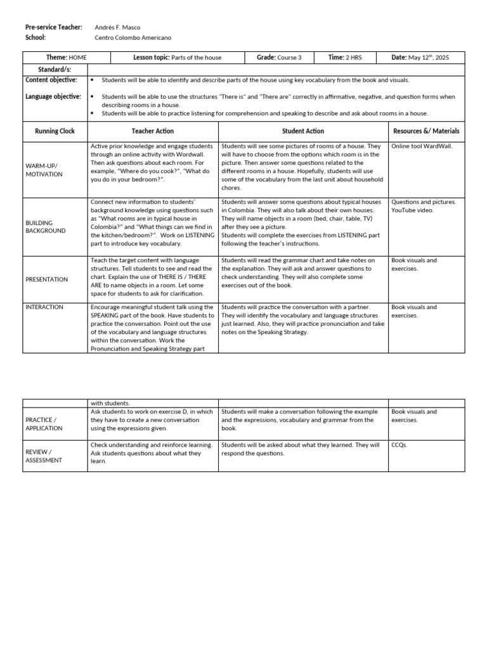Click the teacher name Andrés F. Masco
(x=117, y=27)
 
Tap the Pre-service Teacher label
(x=54, y=27)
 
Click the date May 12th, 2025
(x=428, y=58)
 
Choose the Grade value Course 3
(x=289, y=58)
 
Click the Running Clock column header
(x=55, y=131)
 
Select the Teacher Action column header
(x=152, y=131)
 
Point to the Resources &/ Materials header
(x=426, y=131)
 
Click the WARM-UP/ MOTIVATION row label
(x=44, y=170)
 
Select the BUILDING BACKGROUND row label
(x=45, y=227)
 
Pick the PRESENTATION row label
(x=46, y=280)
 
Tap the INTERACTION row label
(x=44, y=307)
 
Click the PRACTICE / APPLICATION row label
(x=44, y=424)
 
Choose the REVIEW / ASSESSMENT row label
(x=44, y=456)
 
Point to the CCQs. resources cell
(x=399, y=446)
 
